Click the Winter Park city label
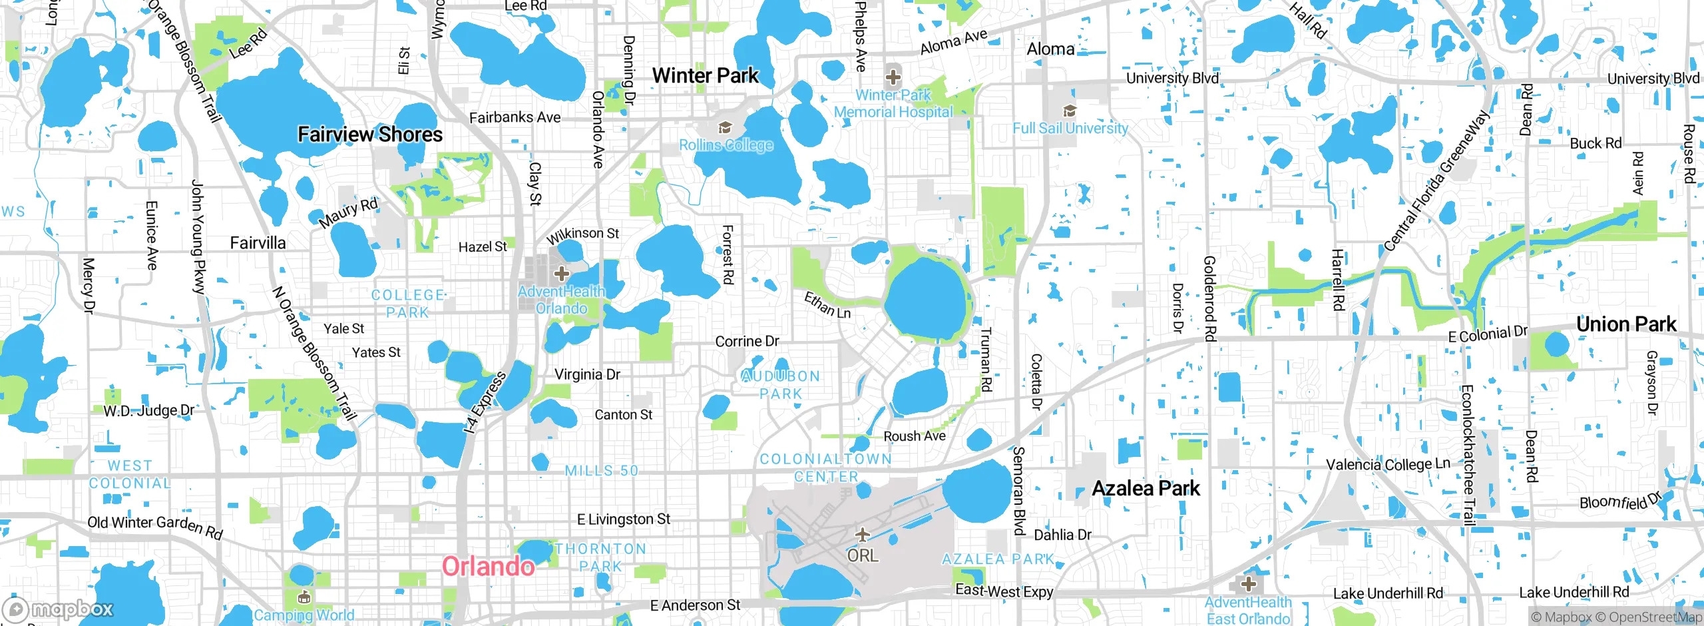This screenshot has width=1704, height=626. [x=705, y=75]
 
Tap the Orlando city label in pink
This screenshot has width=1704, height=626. [x=488, y=567]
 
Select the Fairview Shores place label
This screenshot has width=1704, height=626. [x=370, y=135]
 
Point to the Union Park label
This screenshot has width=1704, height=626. [x=1625, y=324]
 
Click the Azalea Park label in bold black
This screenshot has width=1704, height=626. [x=1146, y=488]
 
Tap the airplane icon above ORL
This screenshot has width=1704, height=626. [x=863, y=534]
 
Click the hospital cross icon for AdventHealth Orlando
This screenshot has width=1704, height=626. [x=562, y=274]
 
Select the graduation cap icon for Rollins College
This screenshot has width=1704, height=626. [x=724, y=127]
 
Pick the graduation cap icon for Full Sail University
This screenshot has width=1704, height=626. [x=1070, y=111]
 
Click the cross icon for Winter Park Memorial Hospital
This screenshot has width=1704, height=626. [x=893, y=77]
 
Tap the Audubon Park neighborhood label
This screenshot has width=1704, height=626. [x=781, y=385]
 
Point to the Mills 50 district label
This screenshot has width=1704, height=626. [x=602, y=471]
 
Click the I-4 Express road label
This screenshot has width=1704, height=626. [x=485, y=403]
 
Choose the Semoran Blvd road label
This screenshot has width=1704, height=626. [x=1018, y=491]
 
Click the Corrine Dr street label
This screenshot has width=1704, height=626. [x=747, y=341]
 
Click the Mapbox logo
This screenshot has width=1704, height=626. [x=59, y=609]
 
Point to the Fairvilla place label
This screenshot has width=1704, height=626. [x=258, y=242]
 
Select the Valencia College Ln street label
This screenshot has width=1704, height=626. [x=1388, y=464]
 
